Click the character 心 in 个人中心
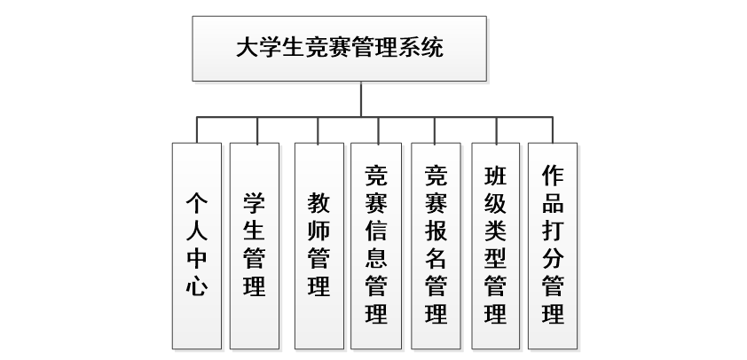pos(196,286)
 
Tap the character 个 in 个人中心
pos(196,202)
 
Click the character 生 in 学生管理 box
pos(254,230)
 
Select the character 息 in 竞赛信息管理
pos(376,258)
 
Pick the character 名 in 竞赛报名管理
pos(436,258)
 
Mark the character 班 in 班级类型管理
pos(496,174)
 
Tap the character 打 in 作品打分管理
pos(553,230)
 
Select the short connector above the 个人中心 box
pos(196,129)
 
